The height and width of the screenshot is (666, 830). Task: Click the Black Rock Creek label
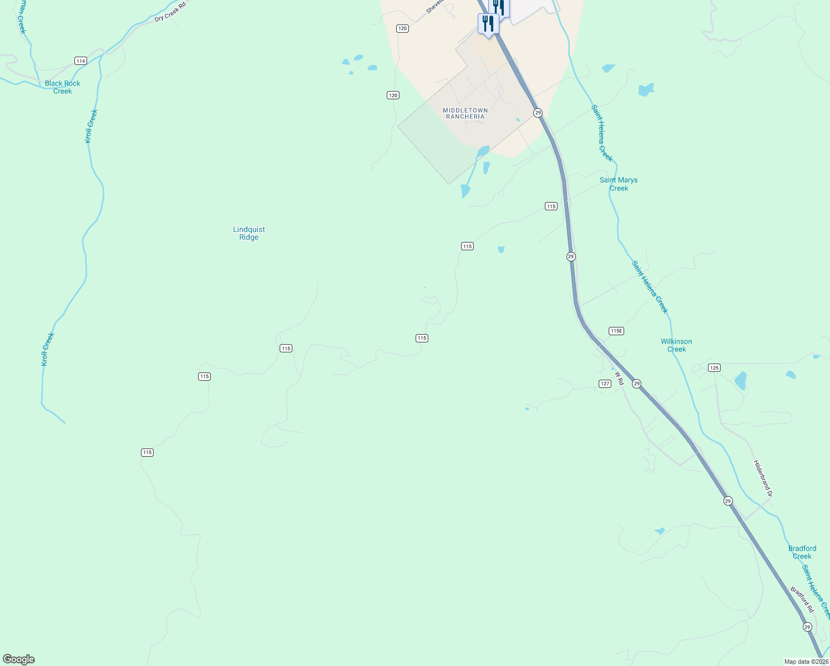point(63,87)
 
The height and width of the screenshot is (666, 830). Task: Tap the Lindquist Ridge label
point(249,233)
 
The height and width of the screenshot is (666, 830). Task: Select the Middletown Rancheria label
point(465,113)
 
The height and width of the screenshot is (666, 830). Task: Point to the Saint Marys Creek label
point(619,184)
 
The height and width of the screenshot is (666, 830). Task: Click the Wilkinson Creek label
point(676,345)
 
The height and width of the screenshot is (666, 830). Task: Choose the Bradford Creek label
point(802,552)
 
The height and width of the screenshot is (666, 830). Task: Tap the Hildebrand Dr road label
point(763,478)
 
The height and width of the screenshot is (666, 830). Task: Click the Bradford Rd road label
point(802,599)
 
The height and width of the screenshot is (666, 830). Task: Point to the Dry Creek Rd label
point(170,11)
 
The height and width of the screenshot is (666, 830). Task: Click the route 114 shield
point(81,61)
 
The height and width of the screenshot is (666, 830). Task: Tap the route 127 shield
point(605,384)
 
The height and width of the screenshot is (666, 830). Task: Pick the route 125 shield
point(714,367)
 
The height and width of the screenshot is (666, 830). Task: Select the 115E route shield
point(616,331)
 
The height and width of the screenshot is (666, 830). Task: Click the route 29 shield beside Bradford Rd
point(807,627)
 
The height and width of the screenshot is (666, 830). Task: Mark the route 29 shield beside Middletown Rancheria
point(538,113)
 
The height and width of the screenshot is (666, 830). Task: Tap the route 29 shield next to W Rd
point(637,384)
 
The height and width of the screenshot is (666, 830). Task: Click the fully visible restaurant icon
point(488,24)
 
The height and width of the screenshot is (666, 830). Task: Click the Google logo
point(19,659)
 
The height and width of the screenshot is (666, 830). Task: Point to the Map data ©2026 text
point(806,662)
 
